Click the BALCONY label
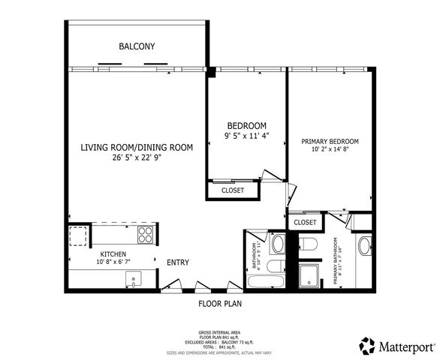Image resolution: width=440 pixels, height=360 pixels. click(137, 46)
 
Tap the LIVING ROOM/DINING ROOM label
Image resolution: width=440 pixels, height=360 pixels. click(137, 148)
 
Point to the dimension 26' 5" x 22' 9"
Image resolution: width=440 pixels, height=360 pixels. click(137, 157)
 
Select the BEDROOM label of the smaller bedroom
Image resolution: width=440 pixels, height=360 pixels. click(246, 125)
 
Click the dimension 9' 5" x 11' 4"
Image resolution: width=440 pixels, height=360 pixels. click(246, 136)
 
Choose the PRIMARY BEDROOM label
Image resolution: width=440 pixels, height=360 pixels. click(330, 141)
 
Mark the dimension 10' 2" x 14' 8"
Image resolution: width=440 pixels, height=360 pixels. click(330, 150)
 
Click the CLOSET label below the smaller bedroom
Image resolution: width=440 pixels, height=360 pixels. click(234, 190)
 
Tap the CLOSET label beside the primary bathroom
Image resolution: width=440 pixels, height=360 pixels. click(305, 223)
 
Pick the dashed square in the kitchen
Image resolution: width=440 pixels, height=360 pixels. click(78, 236)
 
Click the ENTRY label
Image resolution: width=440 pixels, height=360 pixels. click(178, 262)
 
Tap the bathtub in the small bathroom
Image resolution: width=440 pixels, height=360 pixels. click(266, 282)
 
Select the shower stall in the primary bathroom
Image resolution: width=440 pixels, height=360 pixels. click(309, 275)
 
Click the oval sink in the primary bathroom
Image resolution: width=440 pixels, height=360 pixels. click(364, 247)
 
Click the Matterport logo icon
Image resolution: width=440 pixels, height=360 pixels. click(367, 346)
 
